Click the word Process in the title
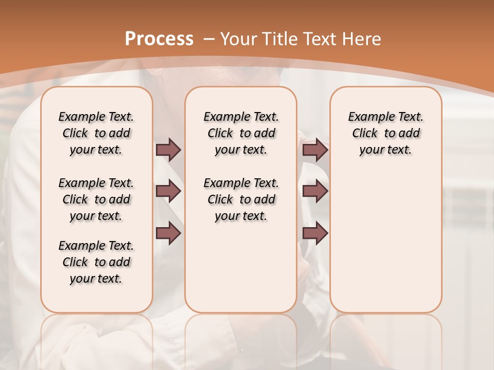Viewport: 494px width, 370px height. point(159,39)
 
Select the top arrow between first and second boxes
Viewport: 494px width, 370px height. point(168,150)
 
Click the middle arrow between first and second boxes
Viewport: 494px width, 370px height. point(168,191)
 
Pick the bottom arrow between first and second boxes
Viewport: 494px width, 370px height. point(168,233)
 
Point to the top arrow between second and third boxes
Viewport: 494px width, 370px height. point(315,150)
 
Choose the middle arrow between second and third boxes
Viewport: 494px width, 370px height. point(315,191)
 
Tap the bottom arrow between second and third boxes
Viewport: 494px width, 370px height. point(315,233)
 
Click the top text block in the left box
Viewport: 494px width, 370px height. point(96,133)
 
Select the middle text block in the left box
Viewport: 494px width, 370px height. point(96,199)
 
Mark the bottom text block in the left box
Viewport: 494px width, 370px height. point(96,262)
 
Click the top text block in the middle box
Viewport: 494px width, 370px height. point(241,133)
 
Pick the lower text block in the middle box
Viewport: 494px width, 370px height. point(241,199)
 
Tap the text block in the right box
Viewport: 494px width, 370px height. point(386,133)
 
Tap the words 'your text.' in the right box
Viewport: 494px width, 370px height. point(385,150)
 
